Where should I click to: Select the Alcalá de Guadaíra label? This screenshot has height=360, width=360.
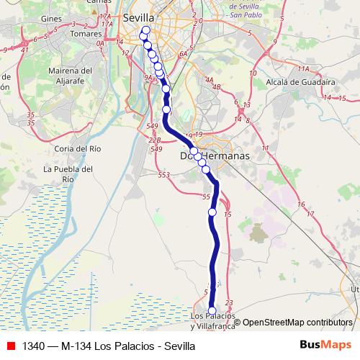click(x=297, y=83)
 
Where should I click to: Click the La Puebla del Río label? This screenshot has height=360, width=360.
click(x=68, y=174)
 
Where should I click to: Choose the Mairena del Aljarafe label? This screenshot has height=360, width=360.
click(x=69, y=76)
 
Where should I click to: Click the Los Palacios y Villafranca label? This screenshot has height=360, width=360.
click(x=213, y=321)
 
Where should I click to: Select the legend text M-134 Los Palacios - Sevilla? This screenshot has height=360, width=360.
click(x=108, y=346)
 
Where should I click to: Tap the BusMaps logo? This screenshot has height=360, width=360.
click(x=324, y=345)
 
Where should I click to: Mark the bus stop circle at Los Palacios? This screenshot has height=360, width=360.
click(x=212, y=310)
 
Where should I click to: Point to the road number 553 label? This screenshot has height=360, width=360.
click(x=164, y=174)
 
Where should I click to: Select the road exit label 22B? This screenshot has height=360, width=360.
click(x=154, y=140)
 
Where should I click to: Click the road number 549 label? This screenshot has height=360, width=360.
click(x=151, y=126)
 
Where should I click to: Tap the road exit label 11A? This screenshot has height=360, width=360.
click(x=303, y=68)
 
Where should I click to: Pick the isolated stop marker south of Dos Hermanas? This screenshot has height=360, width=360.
click(x=212, y=212)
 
